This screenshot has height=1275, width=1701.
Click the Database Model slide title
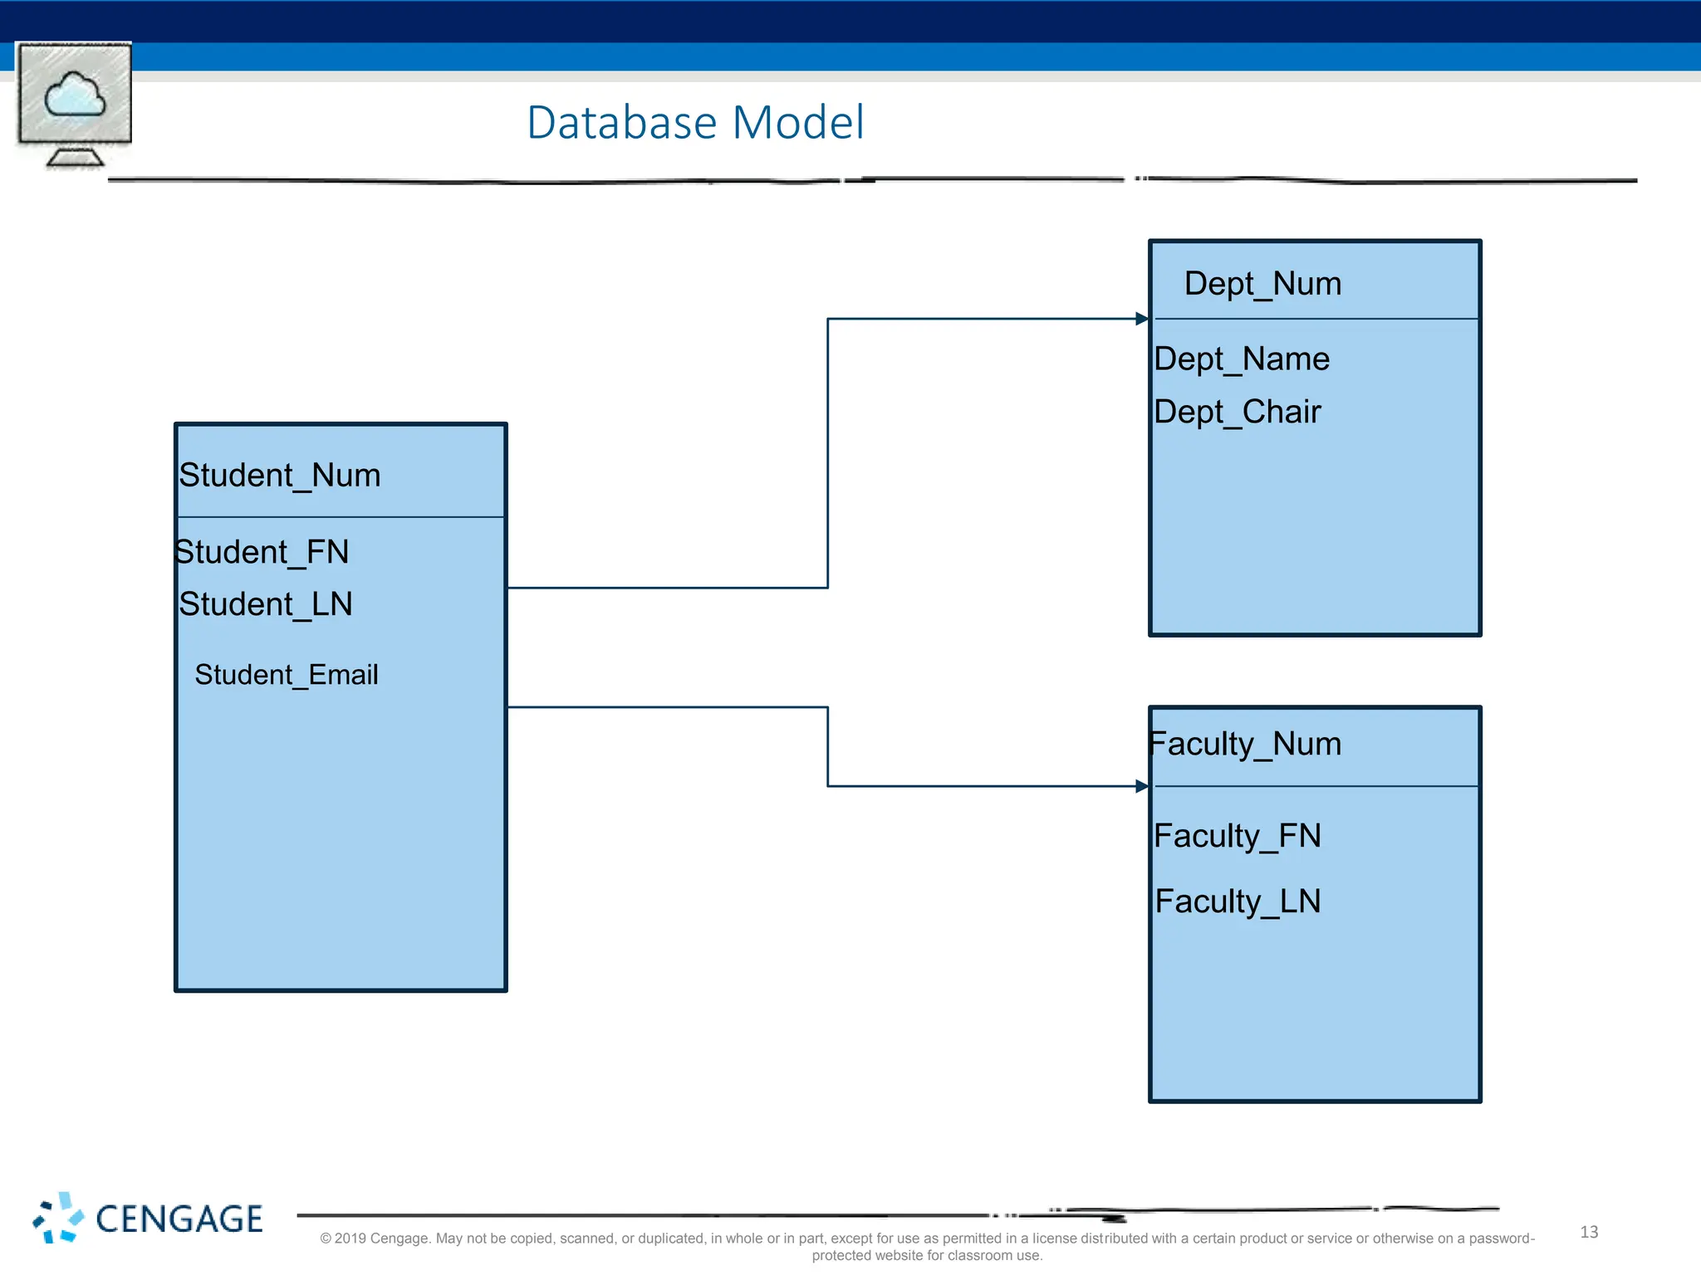pyautogui.click(x=695, y=123)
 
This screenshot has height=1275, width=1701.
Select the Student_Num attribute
pyautogui.click(x=280, y=476)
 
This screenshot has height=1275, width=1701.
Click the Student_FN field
pyautogui.click(x=262, y=552)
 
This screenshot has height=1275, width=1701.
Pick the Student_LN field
pyautogui.click(x=266, y=604)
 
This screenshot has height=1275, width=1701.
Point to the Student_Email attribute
pyautogui.click(x=286, y=675)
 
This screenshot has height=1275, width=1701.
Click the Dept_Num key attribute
pyautogui.click(x=1262, y=284)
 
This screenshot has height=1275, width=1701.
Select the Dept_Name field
pyautogui.click(x=1242, y=359)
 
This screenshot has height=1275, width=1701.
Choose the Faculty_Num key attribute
pyautogui.click(x=1245, y=744)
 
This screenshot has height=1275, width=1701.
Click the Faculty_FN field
pyautogui.click(x=1237, y=836)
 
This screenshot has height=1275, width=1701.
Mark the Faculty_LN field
pyautogui.click(x=1238, y=901)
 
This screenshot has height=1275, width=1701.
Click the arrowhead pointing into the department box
pyautogui.click(x=1142, y=319)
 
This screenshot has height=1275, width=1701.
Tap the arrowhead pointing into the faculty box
pyautogui.click(x=1142, y=786)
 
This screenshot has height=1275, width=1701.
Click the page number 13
pyautogui.click(x=1589, y=1233)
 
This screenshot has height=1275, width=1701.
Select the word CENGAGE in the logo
pyautogui.click(x=179, y=1219)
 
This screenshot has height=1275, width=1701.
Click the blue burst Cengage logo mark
pyautogui.click(x=58, y=1218)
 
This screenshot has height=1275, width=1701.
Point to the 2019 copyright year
pyautogui.click(x=350, y=1238)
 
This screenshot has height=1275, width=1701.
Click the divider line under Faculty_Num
pyautogui.click(x=1316, y=786)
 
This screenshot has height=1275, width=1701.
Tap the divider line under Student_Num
pyautogui.click(x=341, y=517)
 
